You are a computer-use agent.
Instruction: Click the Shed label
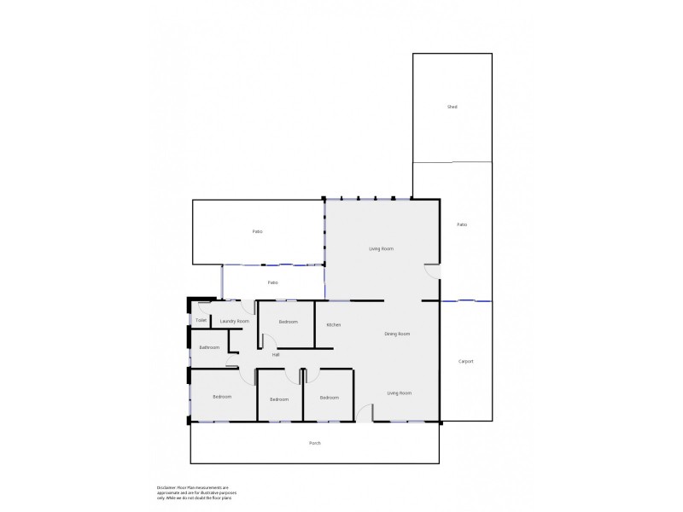(x=452, y=107)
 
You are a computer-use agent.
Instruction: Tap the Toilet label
(x=201, y=321)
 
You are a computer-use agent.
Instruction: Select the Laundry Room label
(x=234, y=321)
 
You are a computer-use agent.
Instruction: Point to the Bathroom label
(x=210, y=347)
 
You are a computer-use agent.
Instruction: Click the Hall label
(x=276, y=355)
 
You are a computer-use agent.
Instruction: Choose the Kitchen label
(x=334, y=325)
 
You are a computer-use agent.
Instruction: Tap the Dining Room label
(x=398, y=334)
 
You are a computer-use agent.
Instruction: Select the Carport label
(x=465, y=361)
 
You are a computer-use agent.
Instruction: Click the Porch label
(x=315, y=443)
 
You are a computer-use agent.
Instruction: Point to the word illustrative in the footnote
(x=225, y=492)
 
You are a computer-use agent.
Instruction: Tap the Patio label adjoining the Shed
(x=462, y=224)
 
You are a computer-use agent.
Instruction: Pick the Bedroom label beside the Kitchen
(x=288, y=322)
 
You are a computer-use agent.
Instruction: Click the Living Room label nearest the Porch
(x=400, y=393)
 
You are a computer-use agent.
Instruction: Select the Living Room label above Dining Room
(x=381, y=248)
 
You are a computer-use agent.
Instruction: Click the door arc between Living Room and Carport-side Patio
(x=433, y=271)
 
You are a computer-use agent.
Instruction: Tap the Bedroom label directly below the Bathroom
(x=221, y=396)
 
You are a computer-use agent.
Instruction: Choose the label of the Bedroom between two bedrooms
(x=279, y=399)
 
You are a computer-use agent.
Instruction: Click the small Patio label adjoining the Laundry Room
(x=272, y=282)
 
